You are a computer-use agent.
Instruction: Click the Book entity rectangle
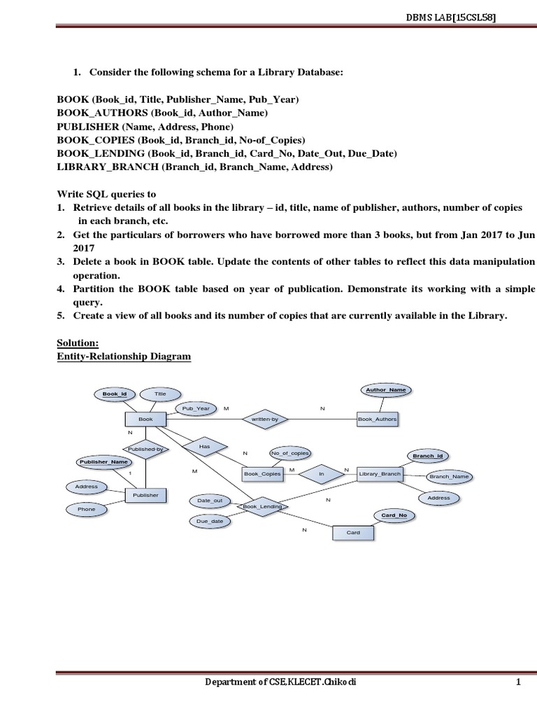click(x=145, y=419)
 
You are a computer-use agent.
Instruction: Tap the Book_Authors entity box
click(x=378, y=419)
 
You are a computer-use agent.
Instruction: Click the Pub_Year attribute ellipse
click(x=196, y=408)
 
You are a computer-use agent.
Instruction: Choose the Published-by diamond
click(x=145, y=450)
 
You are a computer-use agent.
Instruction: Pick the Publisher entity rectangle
click(x=145, y=495)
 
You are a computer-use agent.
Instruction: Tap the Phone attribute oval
click(x=87, y=509)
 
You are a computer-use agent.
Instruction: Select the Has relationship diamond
click(x=204, y=445)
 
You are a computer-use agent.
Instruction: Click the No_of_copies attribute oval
click(x=289, y=454)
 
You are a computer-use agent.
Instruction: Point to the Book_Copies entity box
click(x=262, y=474)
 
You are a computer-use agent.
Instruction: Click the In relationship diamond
click(x=322, y=474)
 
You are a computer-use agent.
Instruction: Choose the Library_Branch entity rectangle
click(x=380, y=474)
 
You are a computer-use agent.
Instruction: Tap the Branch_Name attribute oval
click(x=449, y=476)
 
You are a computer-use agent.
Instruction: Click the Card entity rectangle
click(x=353, y=532)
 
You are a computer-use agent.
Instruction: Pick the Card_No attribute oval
click(x=394, y=515)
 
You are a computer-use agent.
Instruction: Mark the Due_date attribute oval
click(x=210, y=521)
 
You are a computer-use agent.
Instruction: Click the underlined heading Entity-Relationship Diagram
click(x=124, y=356)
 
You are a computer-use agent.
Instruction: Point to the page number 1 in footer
click(x=518, y=701)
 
